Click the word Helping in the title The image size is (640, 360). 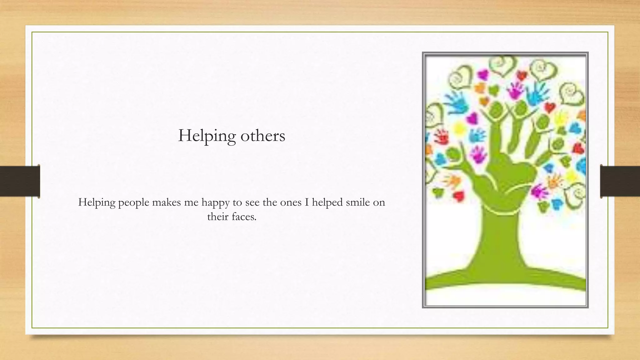point(207,136)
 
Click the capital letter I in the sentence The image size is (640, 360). point(307,202)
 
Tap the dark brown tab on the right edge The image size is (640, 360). point(620,181)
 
